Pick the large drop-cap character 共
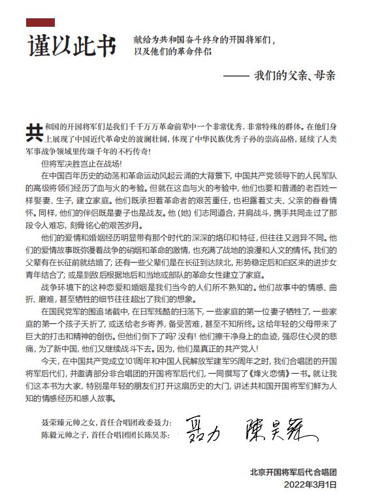coord(33,129)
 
